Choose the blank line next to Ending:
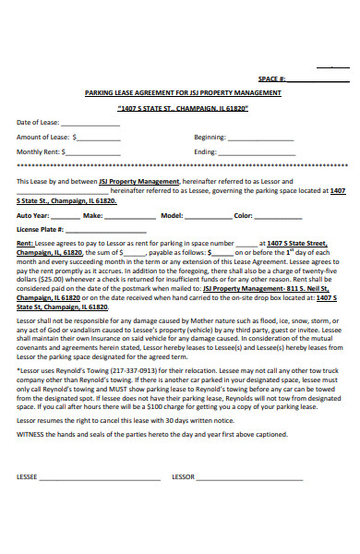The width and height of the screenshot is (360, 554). pos(234,152)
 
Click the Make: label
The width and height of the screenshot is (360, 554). pos(93,215)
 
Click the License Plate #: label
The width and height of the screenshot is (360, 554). pos(40,229)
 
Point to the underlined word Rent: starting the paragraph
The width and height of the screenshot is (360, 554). pos(26,244)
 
